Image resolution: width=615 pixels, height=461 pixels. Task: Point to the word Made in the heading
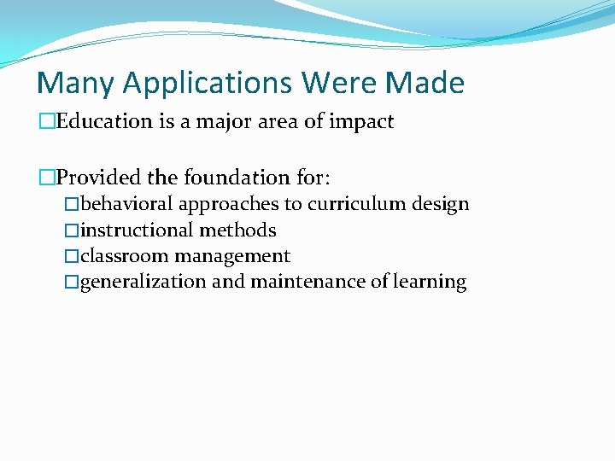pos(425,84)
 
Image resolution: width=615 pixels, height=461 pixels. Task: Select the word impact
pos(361,122)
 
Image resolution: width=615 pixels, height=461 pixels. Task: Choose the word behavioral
pos(127,204)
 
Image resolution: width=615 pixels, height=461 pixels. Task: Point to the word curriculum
pos(356,205)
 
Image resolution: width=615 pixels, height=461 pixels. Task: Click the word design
pos(440,205)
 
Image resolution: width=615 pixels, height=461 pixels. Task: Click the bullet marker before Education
pos(46,121)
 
